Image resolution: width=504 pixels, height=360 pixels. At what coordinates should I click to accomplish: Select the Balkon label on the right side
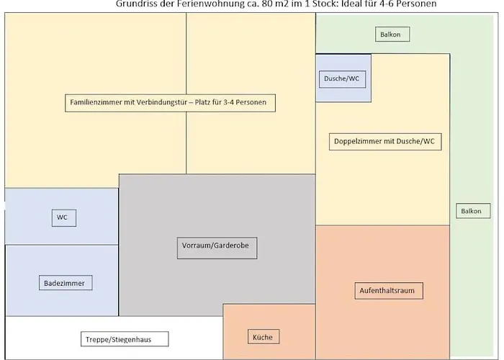click(x=470, y=211)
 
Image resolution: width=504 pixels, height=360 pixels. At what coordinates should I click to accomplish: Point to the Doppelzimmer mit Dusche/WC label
click(x=384, y=142)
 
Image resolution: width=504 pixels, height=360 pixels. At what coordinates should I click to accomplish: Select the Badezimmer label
click(x=64, y=283)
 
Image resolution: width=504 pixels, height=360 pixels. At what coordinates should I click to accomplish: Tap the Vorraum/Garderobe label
click(x=216, y=248)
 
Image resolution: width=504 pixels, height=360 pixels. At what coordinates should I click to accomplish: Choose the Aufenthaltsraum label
click(x=389, y=291)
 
